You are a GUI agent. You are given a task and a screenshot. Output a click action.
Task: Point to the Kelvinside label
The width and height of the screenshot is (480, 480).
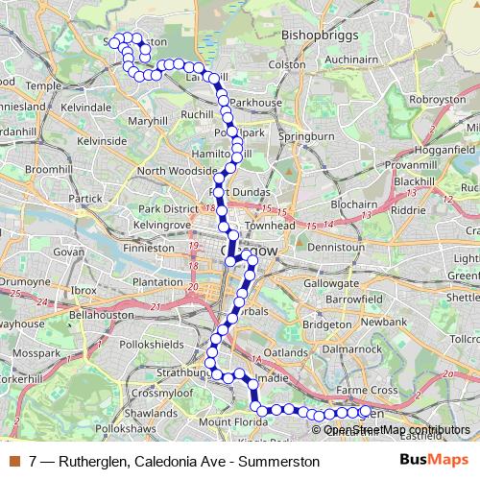click(x=103, y=141)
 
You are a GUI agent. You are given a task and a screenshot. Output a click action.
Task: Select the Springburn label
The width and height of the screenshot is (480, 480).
click(x=305, y=137)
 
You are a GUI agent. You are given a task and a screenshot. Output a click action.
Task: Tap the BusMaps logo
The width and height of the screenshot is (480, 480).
click(x=429, y=460)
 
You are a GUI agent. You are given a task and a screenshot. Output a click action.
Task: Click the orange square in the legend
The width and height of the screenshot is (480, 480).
click(x=14, y=461)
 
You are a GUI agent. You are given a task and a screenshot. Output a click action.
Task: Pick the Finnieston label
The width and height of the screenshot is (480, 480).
click(x=148, y=247)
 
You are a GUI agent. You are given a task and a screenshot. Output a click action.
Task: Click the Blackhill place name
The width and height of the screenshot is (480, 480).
click(x=414, y=180)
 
